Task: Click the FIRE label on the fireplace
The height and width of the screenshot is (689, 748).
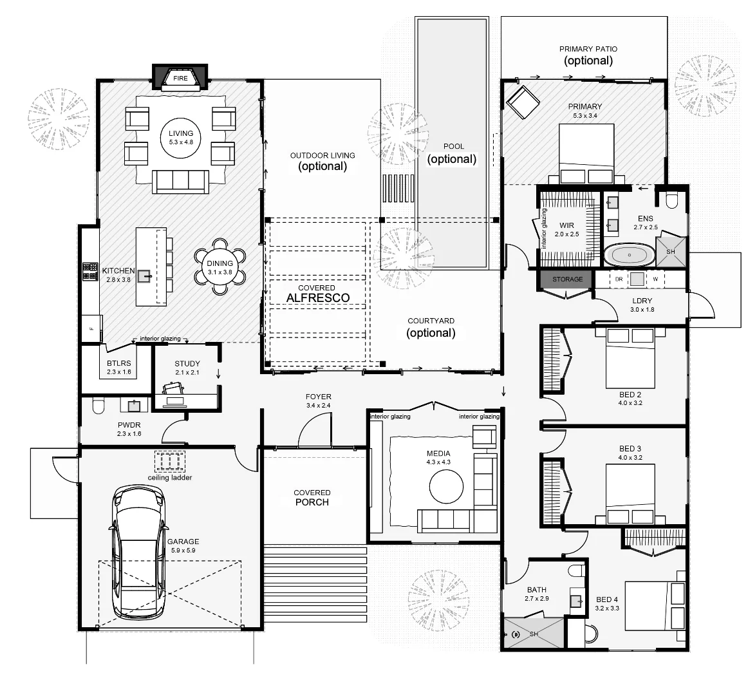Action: [x=180, y=79]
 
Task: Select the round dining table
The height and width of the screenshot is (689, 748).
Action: [x=220, y=268]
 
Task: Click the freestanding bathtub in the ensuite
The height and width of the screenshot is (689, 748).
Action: [x=629, y=255]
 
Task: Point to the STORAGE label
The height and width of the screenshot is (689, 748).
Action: [x=568, y=279]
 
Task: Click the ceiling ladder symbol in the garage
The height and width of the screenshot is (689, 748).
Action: [x=170, y=461]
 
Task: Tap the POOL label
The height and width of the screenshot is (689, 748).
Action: [x=453, y=146]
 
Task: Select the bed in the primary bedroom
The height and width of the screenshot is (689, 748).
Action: [x=586, y=154]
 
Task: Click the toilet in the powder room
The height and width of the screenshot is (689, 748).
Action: [x=98, y=406]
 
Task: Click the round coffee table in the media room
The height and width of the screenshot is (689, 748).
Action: [x=446, y=487]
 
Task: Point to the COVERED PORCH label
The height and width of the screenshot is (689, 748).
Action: [x=312, y=497]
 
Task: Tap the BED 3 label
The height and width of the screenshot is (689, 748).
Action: [x=630, y=449]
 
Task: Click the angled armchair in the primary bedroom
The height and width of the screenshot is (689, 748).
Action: [x=523, y=102]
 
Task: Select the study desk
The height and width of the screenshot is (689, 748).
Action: [x=189, y=401]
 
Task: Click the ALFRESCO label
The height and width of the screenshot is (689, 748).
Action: [x=318, y=297]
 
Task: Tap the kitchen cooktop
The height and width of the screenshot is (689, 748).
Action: [x=89, y=271]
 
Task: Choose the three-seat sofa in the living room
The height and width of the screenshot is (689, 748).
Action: [x=180, y=182]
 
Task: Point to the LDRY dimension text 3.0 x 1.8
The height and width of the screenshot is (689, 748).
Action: [x=642, y=310]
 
